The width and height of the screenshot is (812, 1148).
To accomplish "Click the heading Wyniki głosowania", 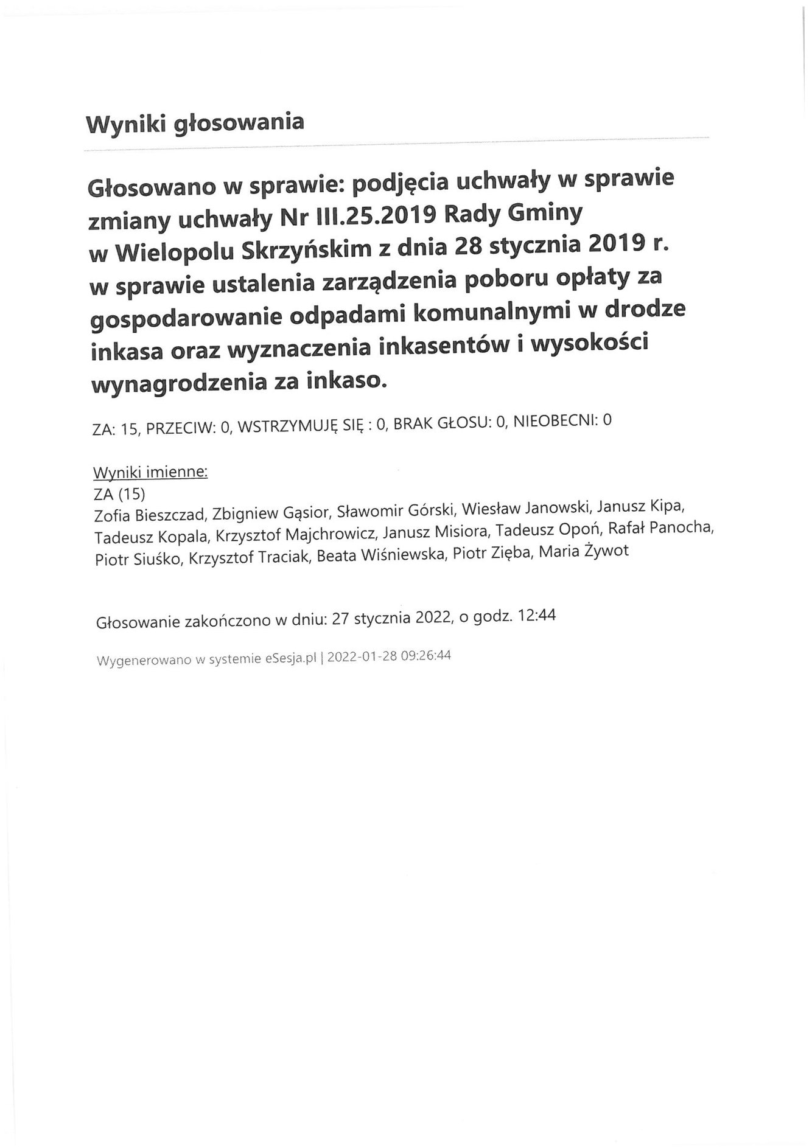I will [194, 123].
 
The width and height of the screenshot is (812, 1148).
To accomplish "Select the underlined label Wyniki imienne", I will [150, 473].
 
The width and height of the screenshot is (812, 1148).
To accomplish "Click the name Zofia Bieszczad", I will [150, 515].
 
